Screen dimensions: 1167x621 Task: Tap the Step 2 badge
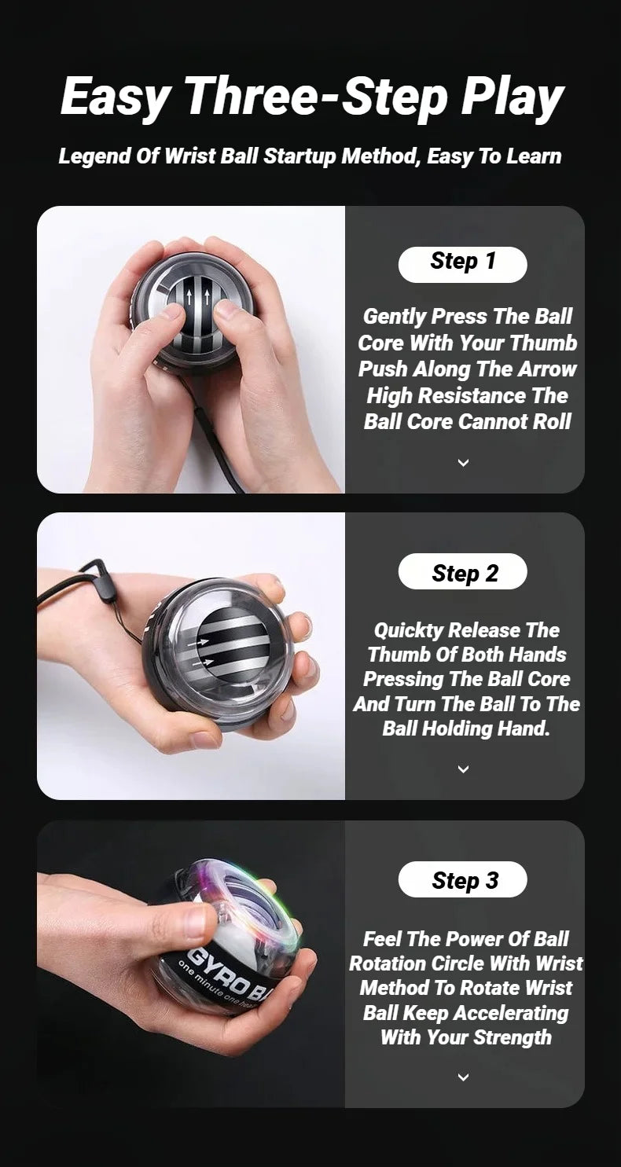coord(463,572)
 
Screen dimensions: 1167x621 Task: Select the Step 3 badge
coord(463,879)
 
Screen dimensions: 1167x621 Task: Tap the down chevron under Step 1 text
coord(463,462)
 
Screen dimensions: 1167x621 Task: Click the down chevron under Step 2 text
coord(463,769)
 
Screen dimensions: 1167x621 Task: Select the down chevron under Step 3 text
coord(463,1077)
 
